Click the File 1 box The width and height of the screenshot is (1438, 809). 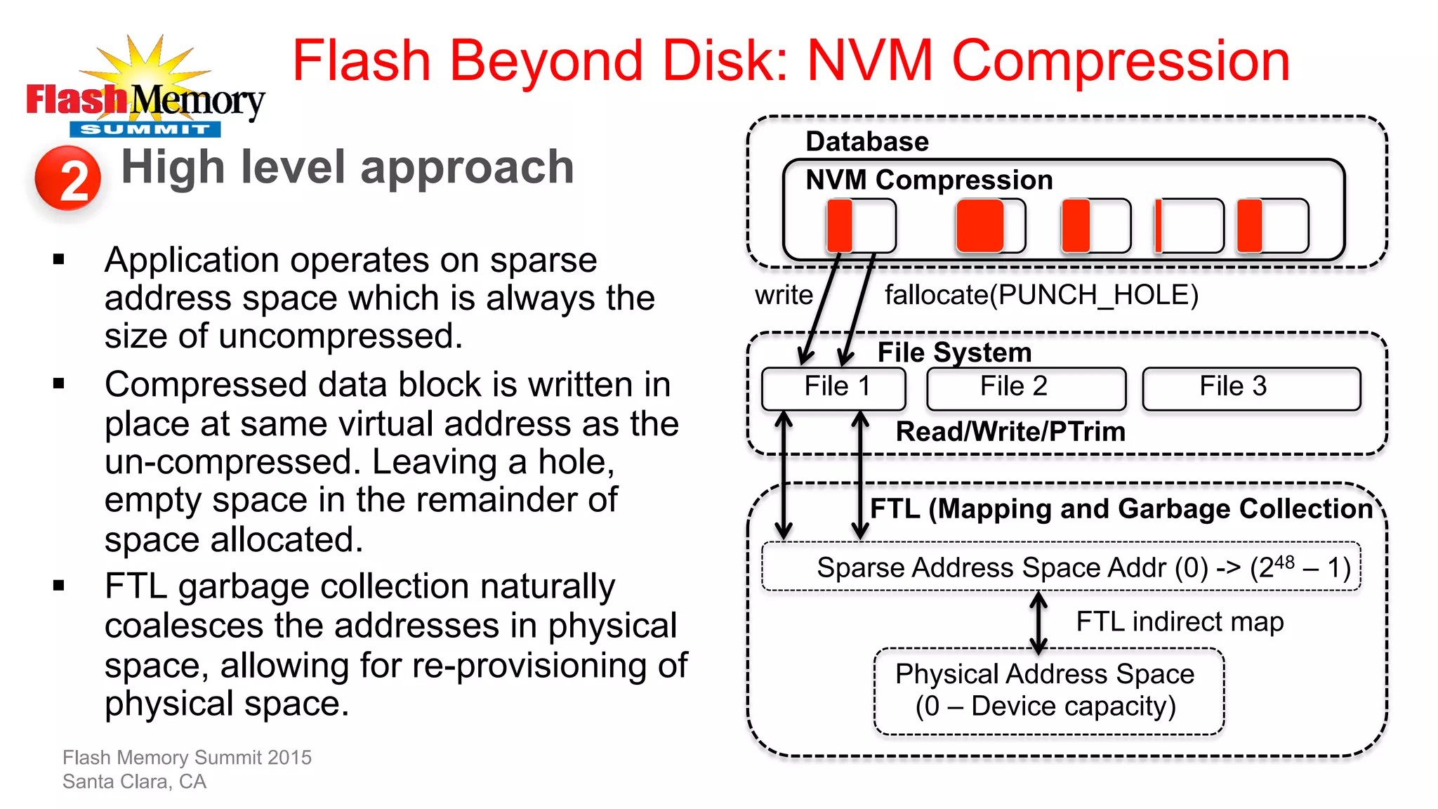pos(833,388)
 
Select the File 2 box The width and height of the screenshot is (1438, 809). pos(1026,388)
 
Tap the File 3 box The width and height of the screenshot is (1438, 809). pos(1251,388)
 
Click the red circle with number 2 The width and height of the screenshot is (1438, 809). pos(68,178)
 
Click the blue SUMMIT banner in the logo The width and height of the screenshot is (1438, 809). pos(145,129)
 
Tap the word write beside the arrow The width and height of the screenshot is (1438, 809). pos(784,295)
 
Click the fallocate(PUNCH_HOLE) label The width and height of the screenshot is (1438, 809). pos(1041,295)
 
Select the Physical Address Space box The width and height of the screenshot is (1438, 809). pos(1048,691)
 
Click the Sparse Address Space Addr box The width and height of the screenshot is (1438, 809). pos(1061,567)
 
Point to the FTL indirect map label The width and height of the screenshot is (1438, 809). pos(1180,621)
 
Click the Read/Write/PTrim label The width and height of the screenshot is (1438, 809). pos(1010,431)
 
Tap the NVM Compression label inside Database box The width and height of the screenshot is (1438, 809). pos(929,180)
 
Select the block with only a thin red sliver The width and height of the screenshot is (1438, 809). pos(1189,225)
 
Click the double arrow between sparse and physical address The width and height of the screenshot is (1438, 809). pos(1038,621)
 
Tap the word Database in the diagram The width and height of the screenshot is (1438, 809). pos(867,141)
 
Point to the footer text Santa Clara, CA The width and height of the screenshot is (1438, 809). pos(134,782)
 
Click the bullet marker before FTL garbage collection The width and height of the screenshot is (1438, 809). pos(59,585)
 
